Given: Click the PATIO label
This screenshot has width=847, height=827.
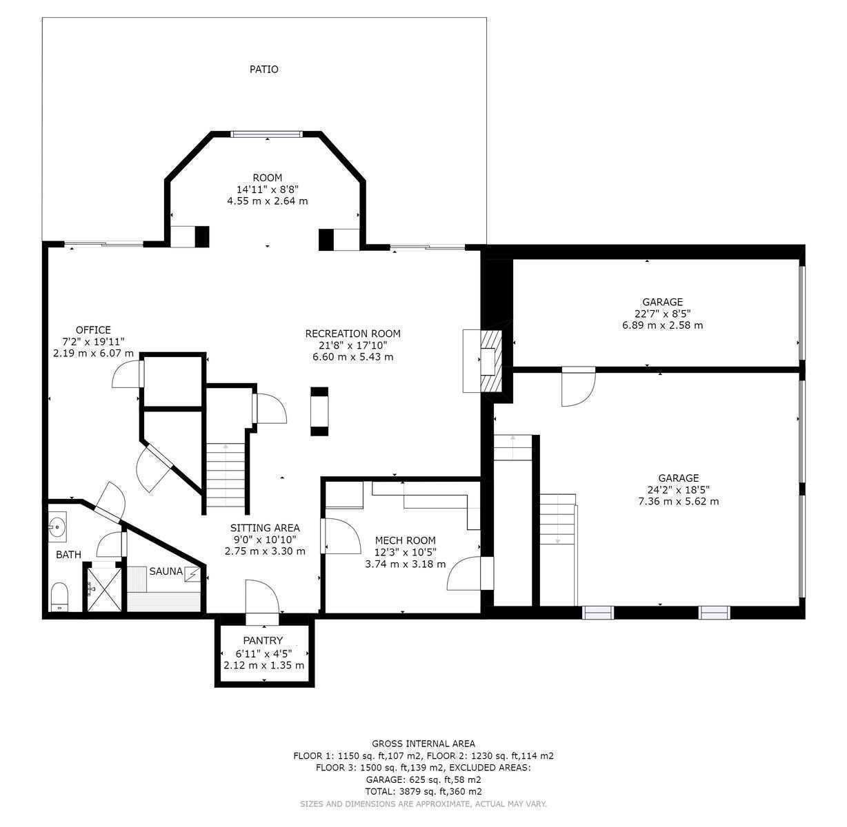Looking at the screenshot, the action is [263, 70].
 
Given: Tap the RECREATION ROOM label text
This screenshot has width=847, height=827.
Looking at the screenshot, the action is [352, 334].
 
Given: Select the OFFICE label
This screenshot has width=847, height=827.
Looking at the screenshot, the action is [93, 330].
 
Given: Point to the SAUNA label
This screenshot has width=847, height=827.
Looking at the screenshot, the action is [166, 571].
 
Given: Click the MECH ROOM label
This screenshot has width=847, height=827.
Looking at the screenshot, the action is [405, 540].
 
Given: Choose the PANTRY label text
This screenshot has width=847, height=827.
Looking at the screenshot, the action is [263, 640].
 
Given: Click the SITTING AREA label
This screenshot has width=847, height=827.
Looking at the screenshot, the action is [265, 528].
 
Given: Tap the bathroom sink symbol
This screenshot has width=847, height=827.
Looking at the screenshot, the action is [57, 527].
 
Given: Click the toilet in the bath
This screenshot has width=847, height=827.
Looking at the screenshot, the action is [59, 597].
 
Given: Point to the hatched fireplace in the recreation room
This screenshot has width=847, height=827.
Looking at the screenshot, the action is [491, 361].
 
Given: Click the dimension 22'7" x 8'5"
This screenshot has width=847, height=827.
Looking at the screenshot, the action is [662, 314].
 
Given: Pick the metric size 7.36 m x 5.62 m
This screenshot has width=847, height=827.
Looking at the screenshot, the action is [678, 501].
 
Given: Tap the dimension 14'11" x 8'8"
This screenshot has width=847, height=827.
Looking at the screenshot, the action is [267, 190].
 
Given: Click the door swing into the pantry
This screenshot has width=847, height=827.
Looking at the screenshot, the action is [262, 597].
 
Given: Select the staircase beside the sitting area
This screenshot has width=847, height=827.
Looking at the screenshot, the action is [226, 476].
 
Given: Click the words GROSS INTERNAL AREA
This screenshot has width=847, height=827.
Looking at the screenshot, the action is [423, 744].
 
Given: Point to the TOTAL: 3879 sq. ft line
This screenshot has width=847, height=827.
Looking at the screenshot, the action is [423, 792].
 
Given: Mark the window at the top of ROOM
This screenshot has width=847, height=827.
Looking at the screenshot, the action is [266, 134].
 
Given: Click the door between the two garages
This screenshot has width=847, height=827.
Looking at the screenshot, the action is [579, 387].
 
